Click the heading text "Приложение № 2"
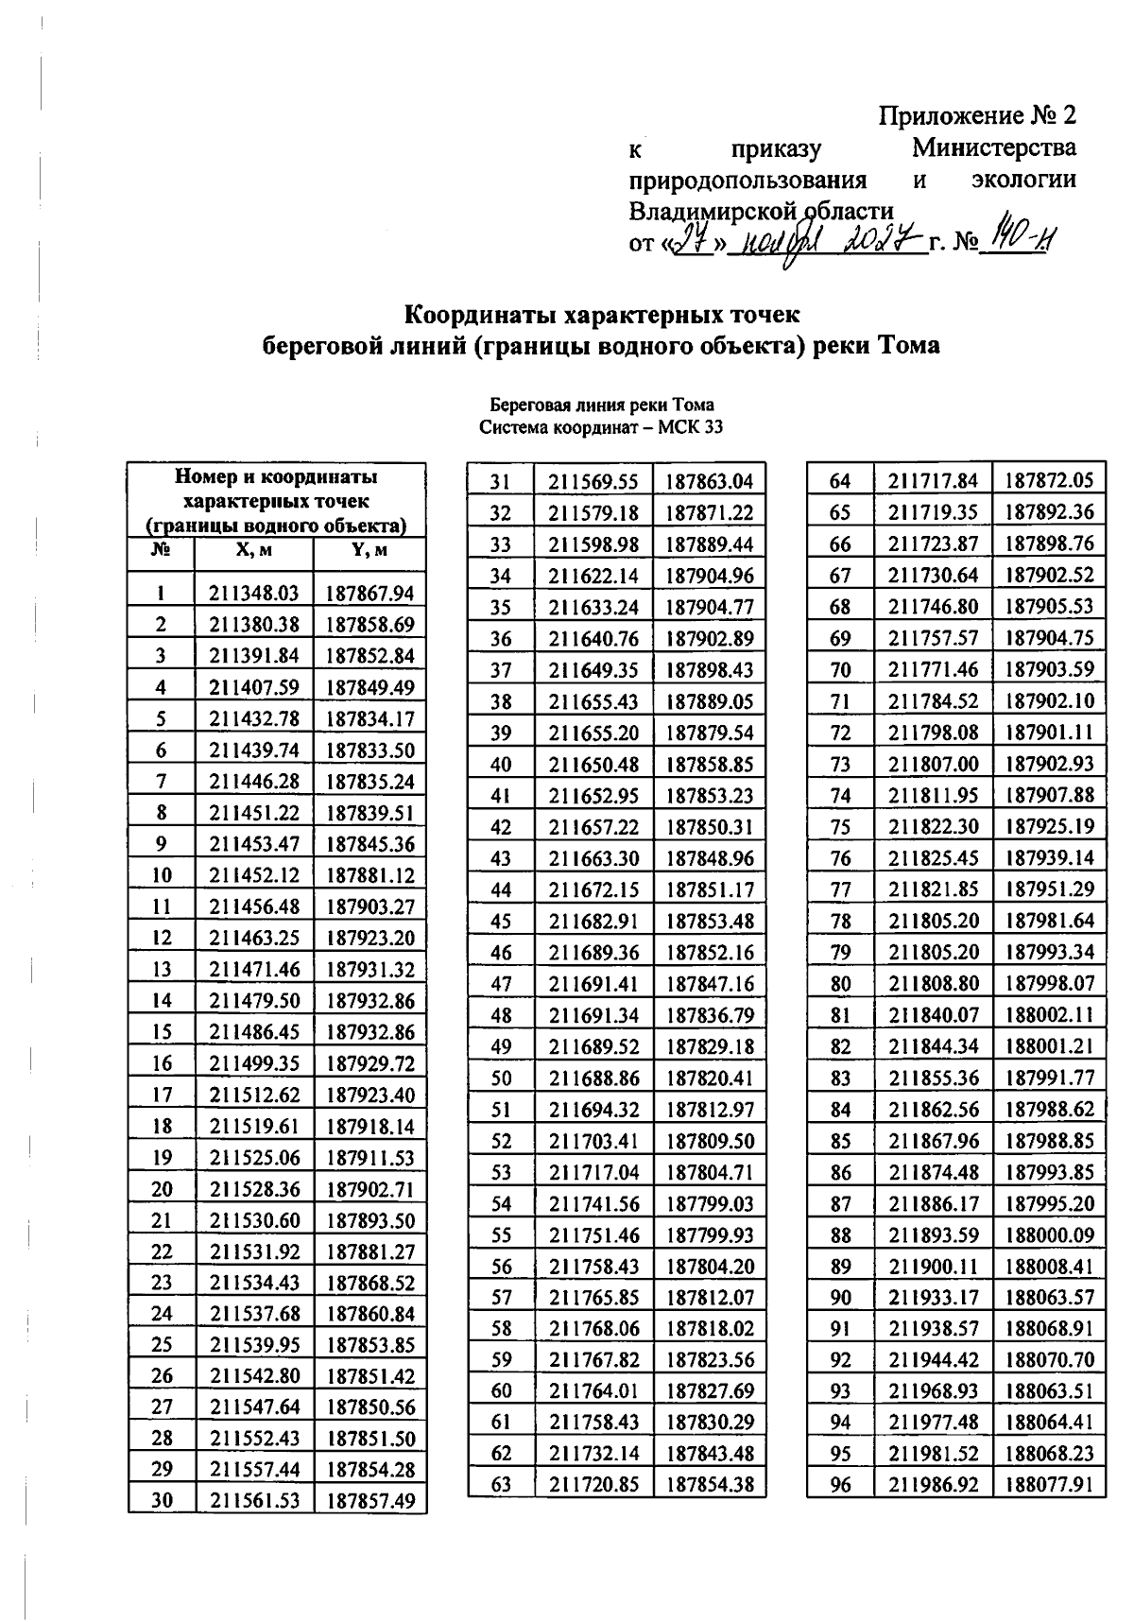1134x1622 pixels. point(977,116)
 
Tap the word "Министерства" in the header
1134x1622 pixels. point(994,148)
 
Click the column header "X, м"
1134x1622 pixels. point(254,550)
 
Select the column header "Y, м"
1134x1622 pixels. point(369,550)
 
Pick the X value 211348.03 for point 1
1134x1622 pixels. point(254,594)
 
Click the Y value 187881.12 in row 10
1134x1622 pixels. point(370,875)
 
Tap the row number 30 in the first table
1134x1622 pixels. point(162,1501)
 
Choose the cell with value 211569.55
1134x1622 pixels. point(594,482)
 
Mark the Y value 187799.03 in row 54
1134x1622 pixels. point(710,1204)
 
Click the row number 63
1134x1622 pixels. point(501,1485)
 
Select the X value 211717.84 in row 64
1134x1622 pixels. point(933,481)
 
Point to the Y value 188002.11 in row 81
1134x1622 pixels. point(1049,1015)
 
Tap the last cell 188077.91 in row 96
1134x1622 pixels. point(1049,1485)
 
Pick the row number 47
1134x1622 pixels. point(501,984)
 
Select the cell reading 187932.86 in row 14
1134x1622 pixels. point(370,1001)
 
